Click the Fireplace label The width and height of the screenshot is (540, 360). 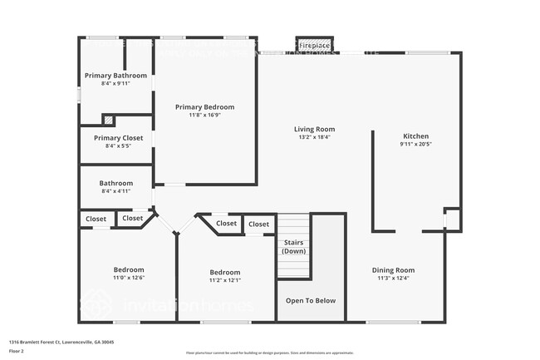[x=315, y=45]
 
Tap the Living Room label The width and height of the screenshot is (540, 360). [x=314, y=129]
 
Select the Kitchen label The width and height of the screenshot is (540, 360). [x=415, y=136]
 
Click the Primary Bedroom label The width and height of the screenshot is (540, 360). [x=204, y=106]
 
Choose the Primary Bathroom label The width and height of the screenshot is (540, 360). [x=115, y=76]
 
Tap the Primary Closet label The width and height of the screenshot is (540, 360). [x=118, y=138]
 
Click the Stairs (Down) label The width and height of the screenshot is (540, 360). [x=293, y=246]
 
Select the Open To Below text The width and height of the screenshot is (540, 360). [x=311, y=300]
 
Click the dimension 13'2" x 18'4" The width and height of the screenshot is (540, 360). [x=314, y=137]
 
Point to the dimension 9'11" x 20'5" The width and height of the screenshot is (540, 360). [x=415, y=144]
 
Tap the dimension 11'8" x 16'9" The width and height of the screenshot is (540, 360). [x=204, y=116]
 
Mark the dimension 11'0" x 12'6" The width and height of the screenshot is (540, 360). [x=128, y=279]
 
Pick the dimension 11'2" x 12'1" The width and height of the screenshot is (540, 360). [x=224, y=280]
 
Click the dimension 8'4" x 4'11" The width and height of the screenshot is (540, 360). [x=115, y=191]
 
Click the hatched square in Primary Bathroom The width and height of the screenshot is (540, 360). [x=107, y=120]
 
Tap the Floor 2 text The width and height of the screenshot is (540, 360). [x=16, y=350]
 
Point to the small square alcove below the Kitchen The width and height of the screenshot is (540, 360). [x=452, y=219]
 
